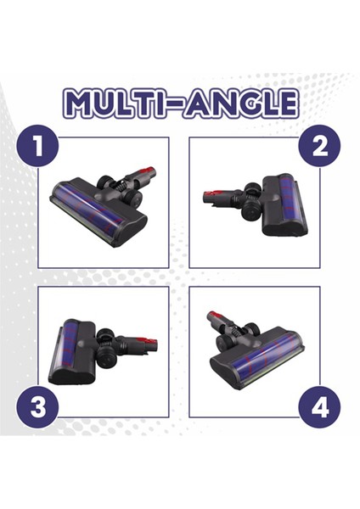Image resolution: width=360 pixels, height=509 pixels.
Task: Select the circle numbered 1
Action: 37,146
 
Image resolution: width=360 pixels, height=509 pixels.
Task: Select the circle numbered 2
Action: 320,146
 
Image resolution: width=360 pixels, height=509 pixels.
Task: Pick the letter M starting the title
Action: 78,104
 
